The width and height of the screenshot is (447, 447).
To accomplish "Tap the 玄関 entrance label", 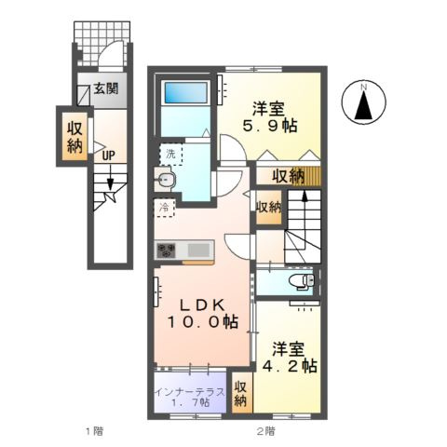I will [x=105, y=90].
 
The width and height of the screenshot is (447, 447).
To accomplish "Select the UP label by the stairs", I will [x=108, y=155].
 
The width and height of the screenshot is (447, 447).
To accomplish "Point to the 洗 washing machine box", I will [x=170, y=153].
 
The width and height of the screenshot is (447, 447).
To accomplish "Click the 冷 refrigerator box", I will [x=164, y=207].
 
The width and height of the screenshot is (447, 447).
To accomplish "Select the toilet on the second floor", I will [x=302, y=279].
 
